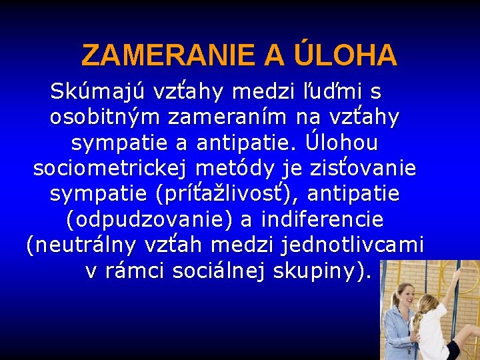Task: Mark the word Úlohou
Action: pos(341,143)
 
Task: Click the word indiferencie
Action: pos(323,219)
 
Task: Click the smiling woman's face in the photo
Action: pos(405,296)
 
